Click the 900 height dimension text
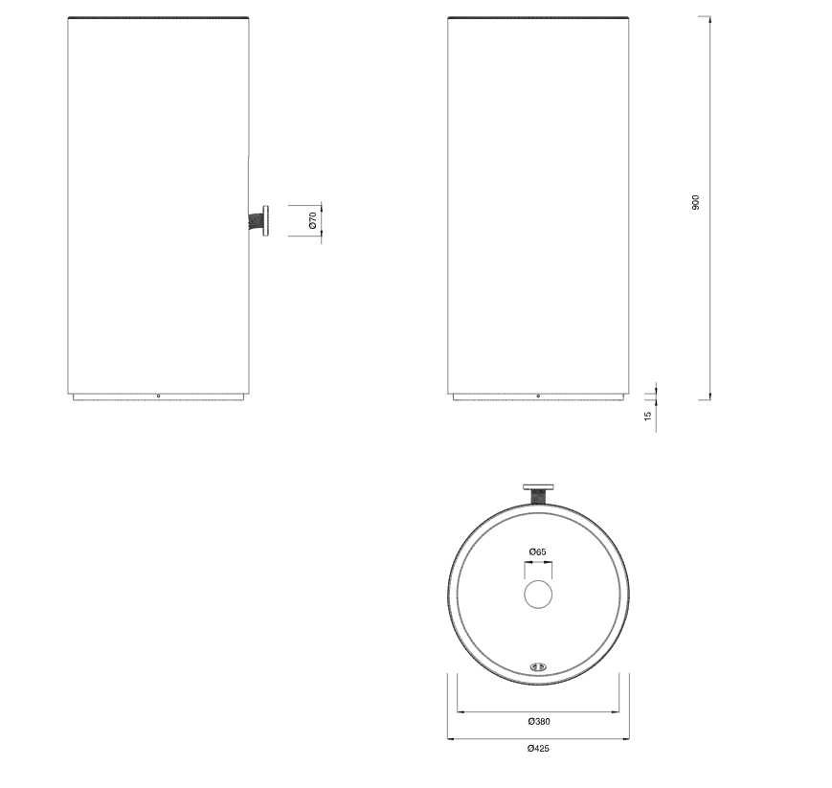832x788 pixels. [x=696, y=203]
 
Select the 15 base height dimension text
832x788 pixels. [x=648, y=417]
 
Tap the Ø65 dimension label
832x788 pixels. [x=537, y=552]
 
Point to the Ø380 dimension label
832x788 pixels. [x=537, y=722]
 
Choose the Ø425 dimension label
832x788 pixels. [x=537, y=749]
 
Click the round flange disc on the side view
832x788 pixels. [x=267, y=221]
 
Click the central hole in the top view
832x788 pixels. [x=538, y=595]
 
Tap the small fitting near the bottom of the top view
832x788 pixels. [x=538, y=666]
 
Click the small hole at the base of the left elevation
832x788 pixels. [x=158, y=395]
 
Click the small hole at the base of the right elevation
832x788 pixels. [x=538, y=395]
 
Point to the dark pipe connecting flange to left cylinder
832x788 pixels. [x=257, y=221]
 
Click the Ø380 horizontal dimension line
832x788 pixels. [x=537, y=711]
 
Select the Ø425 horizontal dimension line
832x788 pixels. [x=537, y=738]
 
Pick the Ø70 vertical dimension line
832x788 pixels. [x=322, y=220]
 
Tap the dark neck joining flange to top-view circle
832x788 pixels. [x=538, y=497]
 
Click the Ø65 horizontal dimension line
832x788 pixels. [x=537, y=563]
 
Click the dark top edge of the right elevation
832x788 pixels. [x=538, y=18]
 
